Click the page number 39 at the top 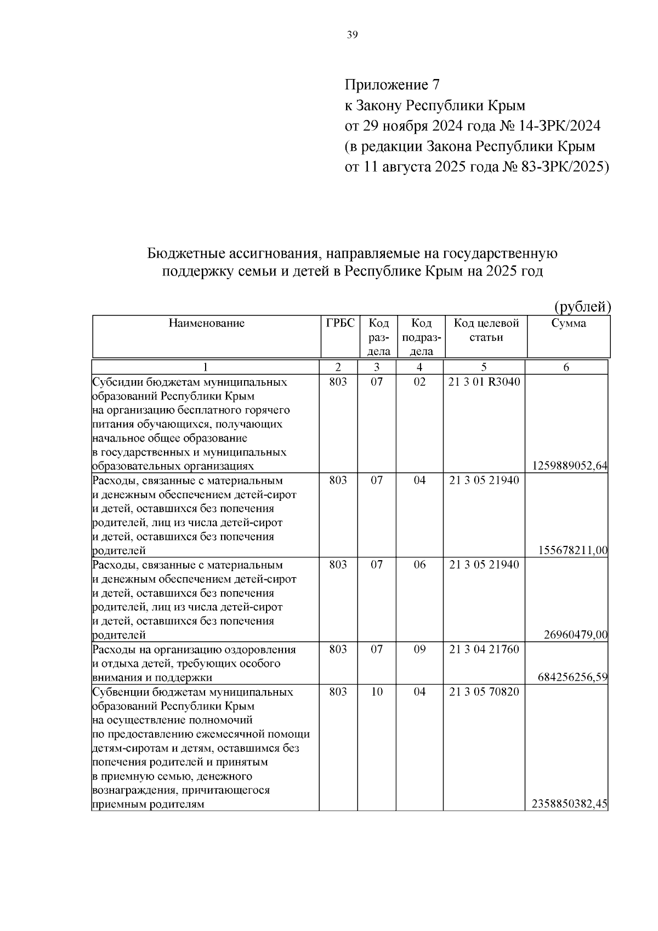352,36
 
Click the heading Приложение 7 392,85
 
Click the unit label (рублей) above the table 582,306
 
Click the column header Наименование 206,323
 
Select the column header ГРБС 340,323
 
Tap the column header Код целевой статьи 486,330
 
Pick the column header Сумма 568,323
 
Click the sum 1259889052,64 569,466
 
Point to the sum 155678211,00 572,551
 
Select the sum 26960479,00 575,635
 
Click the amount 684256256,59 572,678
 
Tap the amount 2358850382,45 569,805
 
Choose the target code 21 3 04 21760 484,650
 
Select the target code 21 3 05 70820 484,692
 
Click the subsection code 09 419,650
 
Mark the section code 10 377,692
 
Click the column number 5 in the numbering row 484,368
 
